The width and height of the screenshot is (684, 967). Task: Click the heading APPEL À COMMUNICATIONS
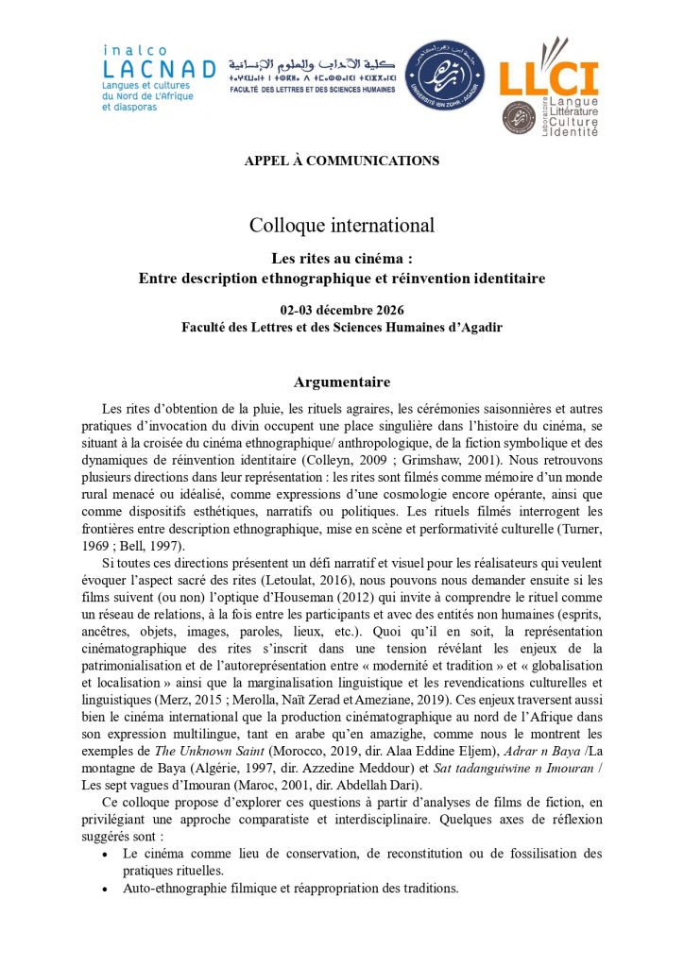(341, 161)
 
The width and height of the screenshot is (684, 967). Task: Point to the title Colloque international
(341, 226)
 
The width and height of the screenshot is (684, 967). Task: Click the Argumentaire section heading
(341, 382)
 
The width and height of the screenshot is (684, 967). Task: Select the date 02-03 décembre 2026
(341, 311)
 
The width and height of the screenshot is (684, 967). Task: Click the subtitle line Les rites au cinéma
(341, 258)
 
